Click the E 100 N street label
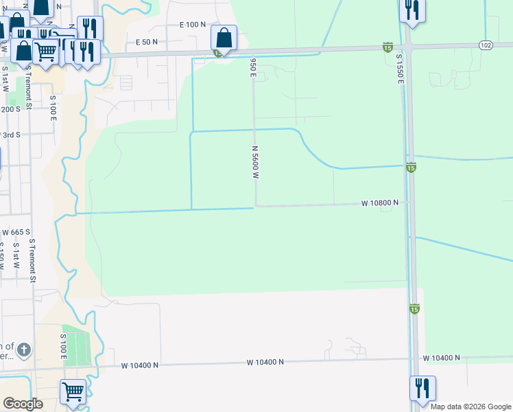point(193,25)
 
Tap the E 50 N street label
point(147,42)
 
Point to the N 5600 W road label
point(254,163)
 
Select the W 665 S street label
point(16,232)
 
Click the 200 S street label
point(10,109)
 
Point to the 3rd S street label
point(10,135)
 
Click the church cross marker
point(24,349)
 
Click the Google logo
point(23,403)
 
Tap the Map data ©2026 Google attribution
point(470,407)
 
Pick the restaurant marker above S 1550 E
point(412,10)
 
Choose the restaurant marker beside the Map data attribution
point(423,388)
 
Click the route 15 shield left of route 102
point(387,47)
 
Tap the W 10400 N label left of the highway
point(265,361)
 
